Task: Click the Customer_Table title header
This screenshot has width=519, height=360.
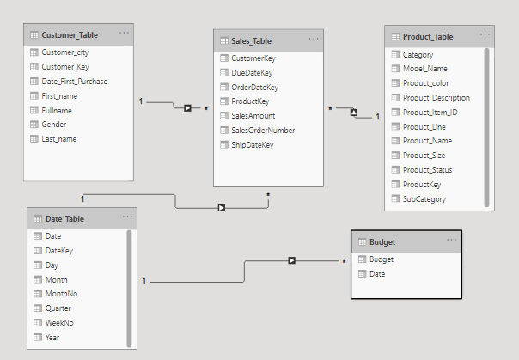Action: tap(70, 35)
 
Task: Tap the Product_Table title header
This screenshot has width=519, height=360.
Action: tap(427, 37)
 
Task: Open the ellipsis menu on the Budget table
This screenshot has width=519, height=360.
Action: tap(451, 241)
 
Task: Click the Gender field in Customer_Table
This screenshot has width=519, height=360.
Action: tap(54, 125)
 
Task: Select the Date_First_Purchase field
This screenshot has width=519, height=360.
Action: tap(74, 82)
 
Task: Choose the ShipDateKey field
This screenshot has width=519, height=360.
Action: tap(252, 145)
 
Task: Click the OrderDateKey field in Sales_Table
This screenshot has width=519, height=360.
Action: tap(254, 87)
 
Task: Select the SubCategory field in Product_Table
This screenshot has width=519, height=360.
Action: tap(424, 199)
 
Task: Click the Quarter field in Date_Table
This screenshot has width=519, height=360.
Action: tap(58, 308)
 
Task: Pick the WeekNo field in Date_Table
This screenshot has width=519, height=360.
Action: tap(58, 323)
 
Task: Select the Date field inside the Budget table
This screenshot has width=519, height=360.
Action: tap(377, 274)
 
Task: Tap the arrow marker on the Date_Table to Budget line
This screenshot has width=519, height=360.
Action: tap(292, 260)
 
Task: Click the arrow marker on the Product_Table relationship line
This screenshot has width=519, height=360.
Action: tap(352, 112)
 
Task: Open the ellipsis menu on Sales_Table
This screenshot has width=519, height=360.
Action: tap(314, 40)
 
